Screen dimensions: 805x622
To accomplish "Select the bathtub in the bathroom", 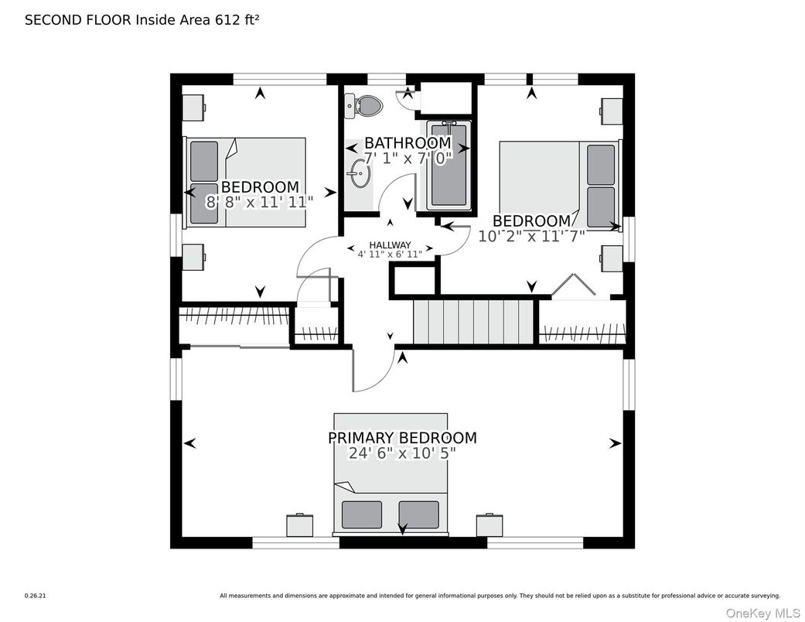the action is tap(449, 166).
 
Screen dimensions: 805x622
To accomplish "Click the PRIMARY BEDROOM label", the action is tap(402, 438).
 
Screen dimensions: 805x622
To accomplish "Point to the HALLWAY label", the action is tap(391, 245).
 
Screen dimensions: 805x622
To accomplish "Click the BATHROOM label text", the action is tap(408, 142).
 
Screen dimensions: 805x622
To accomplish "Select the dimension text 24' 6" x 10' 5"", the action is tap(402, 453).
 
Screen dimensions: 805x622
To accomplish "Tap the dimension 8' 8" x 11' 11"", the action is tap(259, 202).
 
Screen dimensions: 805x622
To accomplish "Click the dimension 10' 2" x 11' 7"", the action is tap(532, 236).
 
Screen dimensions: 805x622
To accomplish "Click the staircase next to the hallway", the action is tap(474, 322).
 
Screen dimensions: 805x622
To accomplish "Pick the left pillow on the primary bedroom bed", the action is tap(362, 514).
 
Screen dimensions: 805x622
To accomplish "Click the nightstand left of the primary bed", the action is tap(300, 525).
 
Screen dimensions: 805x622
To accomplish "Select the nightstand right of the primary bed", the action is tap(489, 525).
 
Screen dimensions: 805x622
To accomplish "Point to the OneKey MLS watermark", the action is tap(762, 613).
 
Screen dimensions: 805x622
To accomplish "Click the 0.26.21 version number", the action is tap(36, 596).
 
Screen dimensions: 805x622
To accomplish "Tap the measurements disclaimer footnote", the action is tap(500, 596).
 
